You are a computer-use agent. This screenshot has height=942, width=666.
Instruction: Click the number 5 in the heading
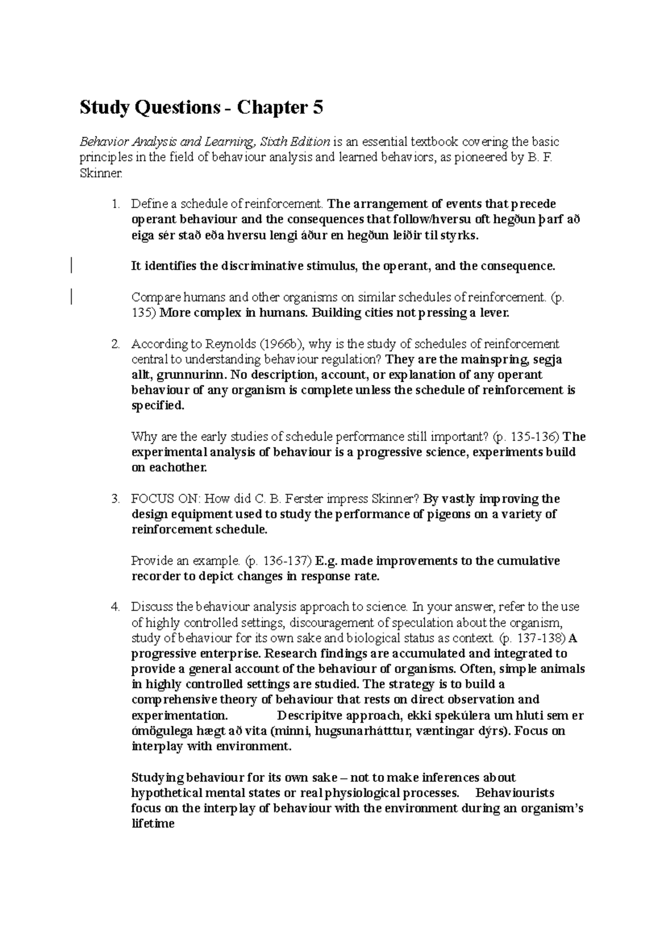tap(317, 108)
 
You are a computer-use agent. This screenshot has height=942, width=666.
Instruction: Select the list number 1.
tap(115, 204)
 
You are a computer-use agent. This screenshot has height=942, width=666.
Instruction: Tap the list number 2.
tap(115, 344)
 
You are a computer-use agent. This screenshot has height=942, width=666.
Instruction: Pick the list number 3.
tap(115, 499)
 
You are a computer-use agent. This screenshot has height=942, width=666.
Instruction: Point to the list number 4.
tap(115, 607)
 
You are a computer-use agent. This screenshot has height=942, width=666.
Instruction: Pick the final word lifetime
tap(153, 824)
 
